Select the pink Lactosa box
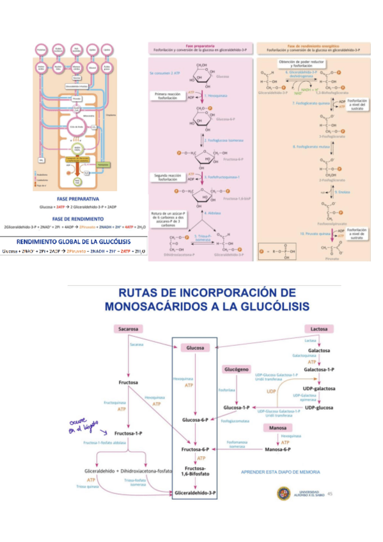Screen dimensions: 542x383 point(319,329)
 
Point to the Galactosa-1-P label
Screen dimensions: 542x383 point(319,370)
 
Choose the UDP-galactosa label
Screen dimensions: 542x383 point(320,389)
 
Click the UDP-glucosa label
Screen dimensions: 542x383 point(320,408)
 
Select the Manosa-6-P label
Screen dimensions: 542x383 point(277,450)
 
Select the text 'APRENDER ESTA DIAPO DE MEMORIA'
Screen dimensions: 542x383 point(279,472)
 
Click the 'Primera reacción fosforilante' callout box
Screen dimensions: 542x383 point(168,97)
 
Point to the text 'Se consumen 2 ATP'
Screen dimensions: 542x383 point(166,74)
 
